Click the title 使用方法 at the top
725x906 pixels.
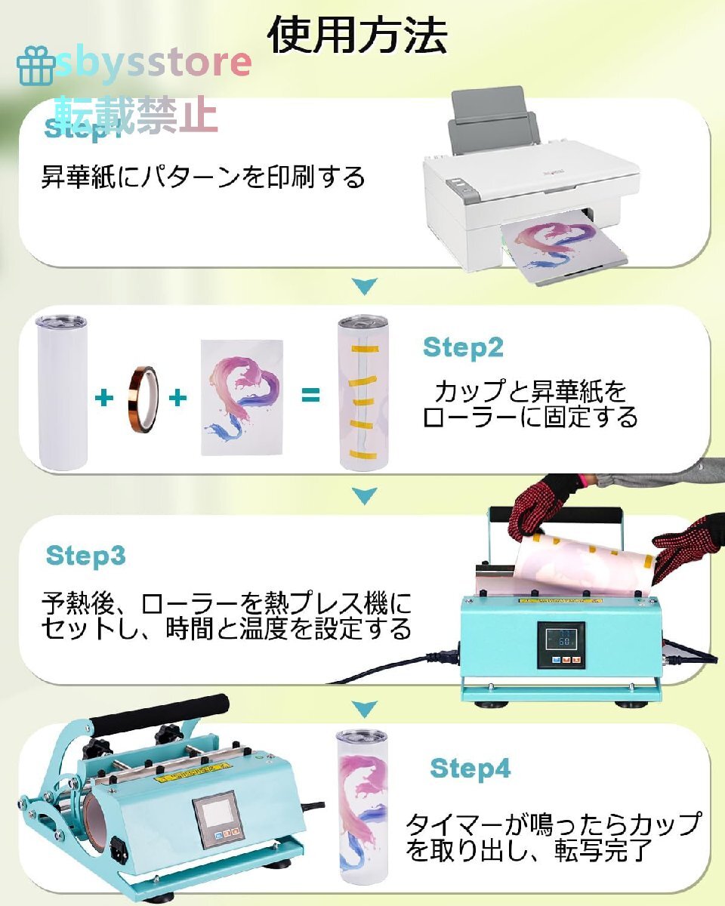(x=358, y=35)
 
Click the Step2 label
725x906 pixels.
(x=463, y=348)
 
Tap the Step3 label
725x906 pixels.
(x=85, y=556)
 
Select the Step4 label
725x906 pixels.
(x=470, y=769)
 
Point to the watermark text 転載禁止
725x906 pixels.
(x=136, y=115)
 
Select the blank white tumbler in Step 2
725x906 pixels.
(x=62, y=393)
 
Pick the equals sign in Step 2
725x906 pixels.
(x=310, y=395)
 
